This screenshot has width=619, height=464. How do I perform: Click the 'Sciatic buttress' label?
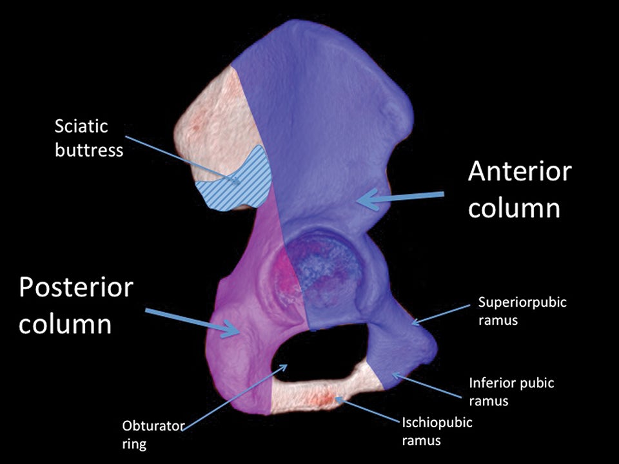(88, 137)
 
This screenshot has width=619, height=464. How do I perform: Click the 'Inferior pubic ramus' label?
(511, 392)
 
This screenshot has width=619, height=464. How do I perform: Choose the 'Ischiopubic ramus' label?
(437, 432)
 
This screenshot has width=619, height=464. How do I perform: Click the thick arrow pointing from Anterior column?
(400, 197)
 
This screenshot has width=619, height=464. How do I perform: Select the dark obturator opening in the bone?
(316, 354)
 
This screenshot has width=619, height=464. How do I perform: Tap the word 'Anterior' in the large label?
(519, 172)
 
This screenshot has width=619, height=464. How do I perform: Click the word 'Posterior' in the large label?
(75, 287)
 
